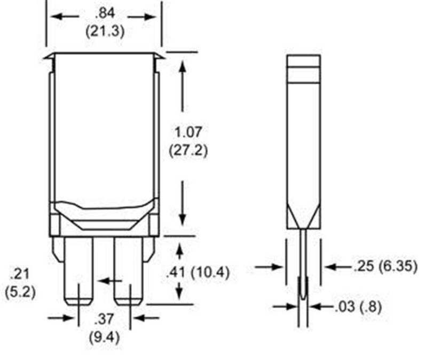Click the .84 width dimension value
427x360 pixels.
(x=105, y=13)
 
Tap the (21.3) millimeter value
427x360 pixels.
(x=105, y=31)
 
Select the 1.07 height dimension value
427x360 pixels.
(x=188, y=132)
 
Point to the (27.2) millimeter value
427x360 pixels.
(x=188, y=150)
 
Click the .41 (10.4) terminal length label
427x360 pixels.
(x=198, y=272)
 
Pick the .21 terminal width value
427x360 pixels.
(x=20, y=274)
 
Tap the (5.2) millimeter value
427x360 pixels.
(x=20, y=292)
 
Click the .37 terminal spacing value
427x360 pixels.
(x=104, y=319)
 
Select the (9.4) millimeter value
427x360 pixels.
(x=105, y=338)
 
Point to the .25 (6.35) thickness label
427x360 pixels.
(x=385, y=266)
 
